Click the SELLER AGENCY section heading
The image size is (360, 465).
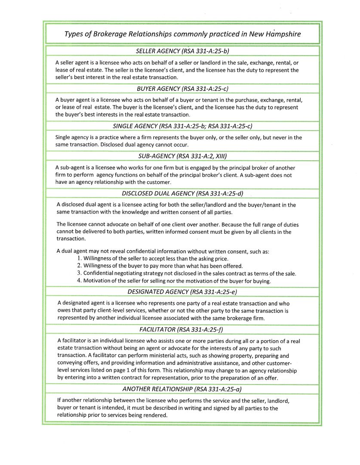182,51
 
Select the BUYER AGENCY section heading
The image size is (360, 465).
182,89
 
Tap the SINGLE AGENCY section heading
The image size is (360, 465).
182,126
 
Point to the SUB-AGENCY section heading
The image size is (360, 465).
182,156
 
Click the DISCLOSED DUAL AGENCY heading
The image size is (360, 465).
182,193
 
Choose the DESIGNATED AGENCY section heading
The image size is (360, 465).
182,291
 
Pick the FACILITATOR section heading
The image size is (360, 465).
182,329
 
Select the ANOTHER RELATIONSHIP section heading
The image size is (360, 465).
182,389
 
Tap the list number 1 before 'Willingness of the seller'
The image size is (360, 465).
80,259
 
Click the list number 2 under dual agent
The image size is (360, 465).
80,266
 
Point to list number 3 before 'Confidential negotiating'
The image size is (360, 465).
80,273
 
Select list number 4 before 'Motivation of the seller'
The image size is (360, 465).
80,281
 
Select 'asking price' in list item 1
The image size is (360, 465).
212,259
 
